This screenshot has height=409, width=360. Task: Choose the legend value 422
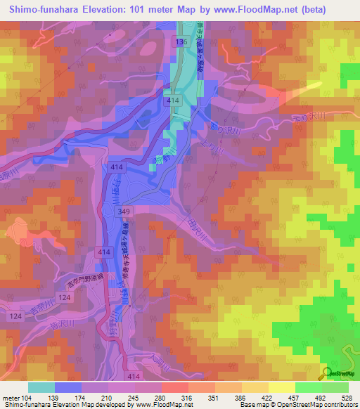267,397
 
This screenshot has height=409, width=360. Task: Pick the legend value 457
293,397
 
